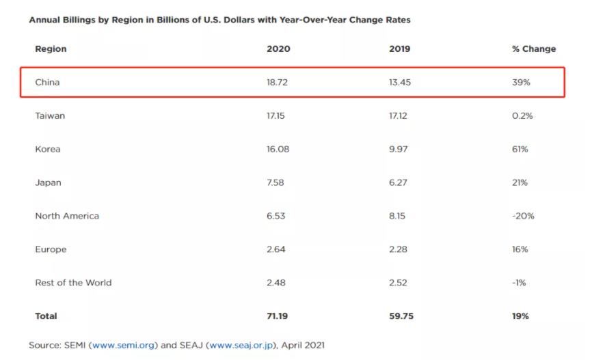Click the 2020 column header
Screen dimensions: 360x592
[x=278, y=49]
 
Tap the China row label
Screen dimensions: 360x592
[x=47, y=82]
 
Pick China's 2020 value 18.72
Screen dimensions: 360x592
[x=278, y=82]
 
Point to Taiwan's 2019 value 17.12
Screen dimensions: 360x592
[x=397, y=115]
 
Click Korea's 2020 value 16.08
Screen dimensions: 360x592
[x=278, y=149]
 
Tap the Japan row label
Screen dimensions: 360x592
[x=48, y=182]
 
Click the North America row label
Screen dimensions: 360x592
[x=67, y=216]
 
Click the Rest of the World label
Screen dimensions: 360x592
[x=73, y=283]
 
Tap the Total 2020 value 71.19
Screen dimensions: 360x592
[x=277, y=316]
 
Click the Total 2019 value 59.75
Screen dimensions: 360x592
[x=400, y=316]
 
